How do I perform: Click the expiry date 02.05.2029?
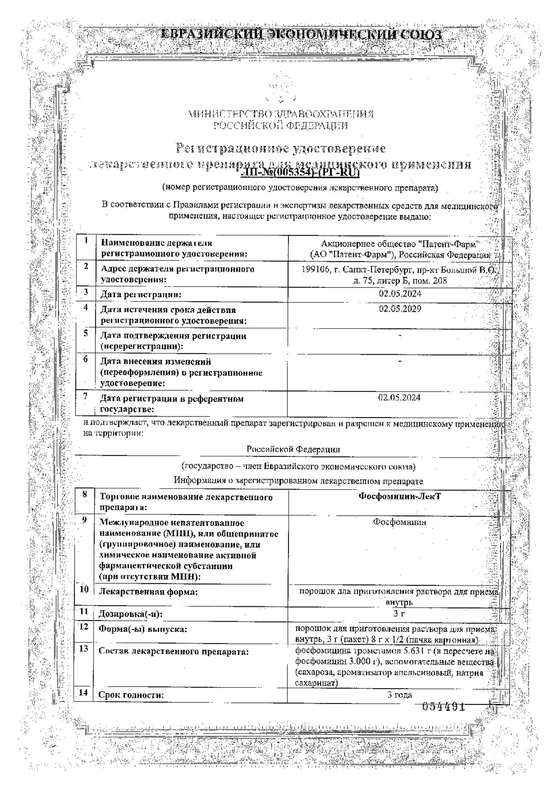pos(400,309)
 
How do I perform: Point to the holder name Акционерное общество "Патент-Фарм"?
pos(400,244)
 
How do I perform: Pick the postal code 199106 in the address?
pos(314,270)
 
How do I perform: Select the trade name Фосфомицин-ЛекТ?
pos(399,496)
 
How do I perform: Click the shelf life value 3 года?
pos(399,694)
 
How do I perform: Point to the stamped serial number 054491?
pos(443,706)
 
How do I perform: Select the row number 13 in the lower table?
pos(83,649)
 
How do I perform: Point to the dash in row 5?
pos(400,335)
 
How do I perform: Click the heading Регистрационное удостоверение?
pos(280,148)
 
